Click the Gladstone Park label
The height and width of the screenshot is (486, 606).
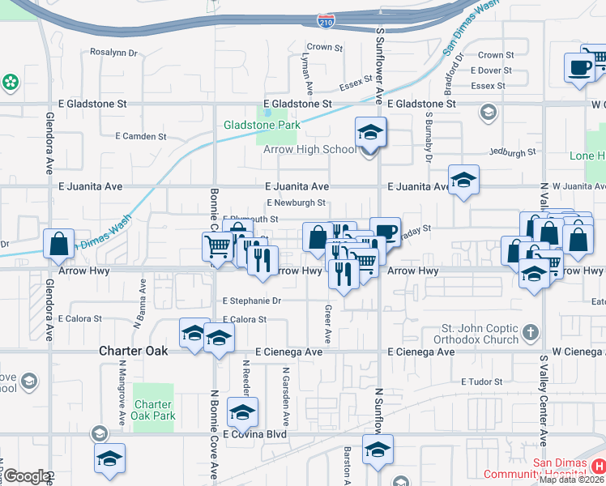[262, 125]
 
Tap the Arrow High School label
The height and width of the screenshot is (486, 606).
[309, 149]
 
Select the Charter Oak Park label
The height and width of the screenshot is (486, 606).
[154, 410]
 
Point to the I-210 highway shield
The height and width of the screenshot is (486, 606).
[326, 21]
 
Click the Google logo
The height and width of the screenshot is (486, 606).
[26, 476]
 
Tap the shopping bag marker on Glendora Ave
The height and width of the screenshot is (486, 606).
[60, 244]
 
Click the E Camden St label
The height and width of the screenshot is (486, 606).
[140, 136]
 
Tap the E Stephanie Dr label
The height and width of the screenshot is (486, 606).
[252, 301]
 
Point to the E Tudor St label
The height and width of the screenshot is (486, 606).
[482, 382]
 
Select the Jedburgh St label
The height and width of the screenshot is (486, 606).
[513, 151]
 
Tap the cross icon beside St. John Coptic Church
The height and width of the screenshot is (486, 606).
[530, 331]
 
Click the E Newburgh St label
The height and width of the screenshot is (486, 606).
[296, 203]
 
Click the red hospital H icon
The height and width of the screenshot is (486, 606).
[598, 466]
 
